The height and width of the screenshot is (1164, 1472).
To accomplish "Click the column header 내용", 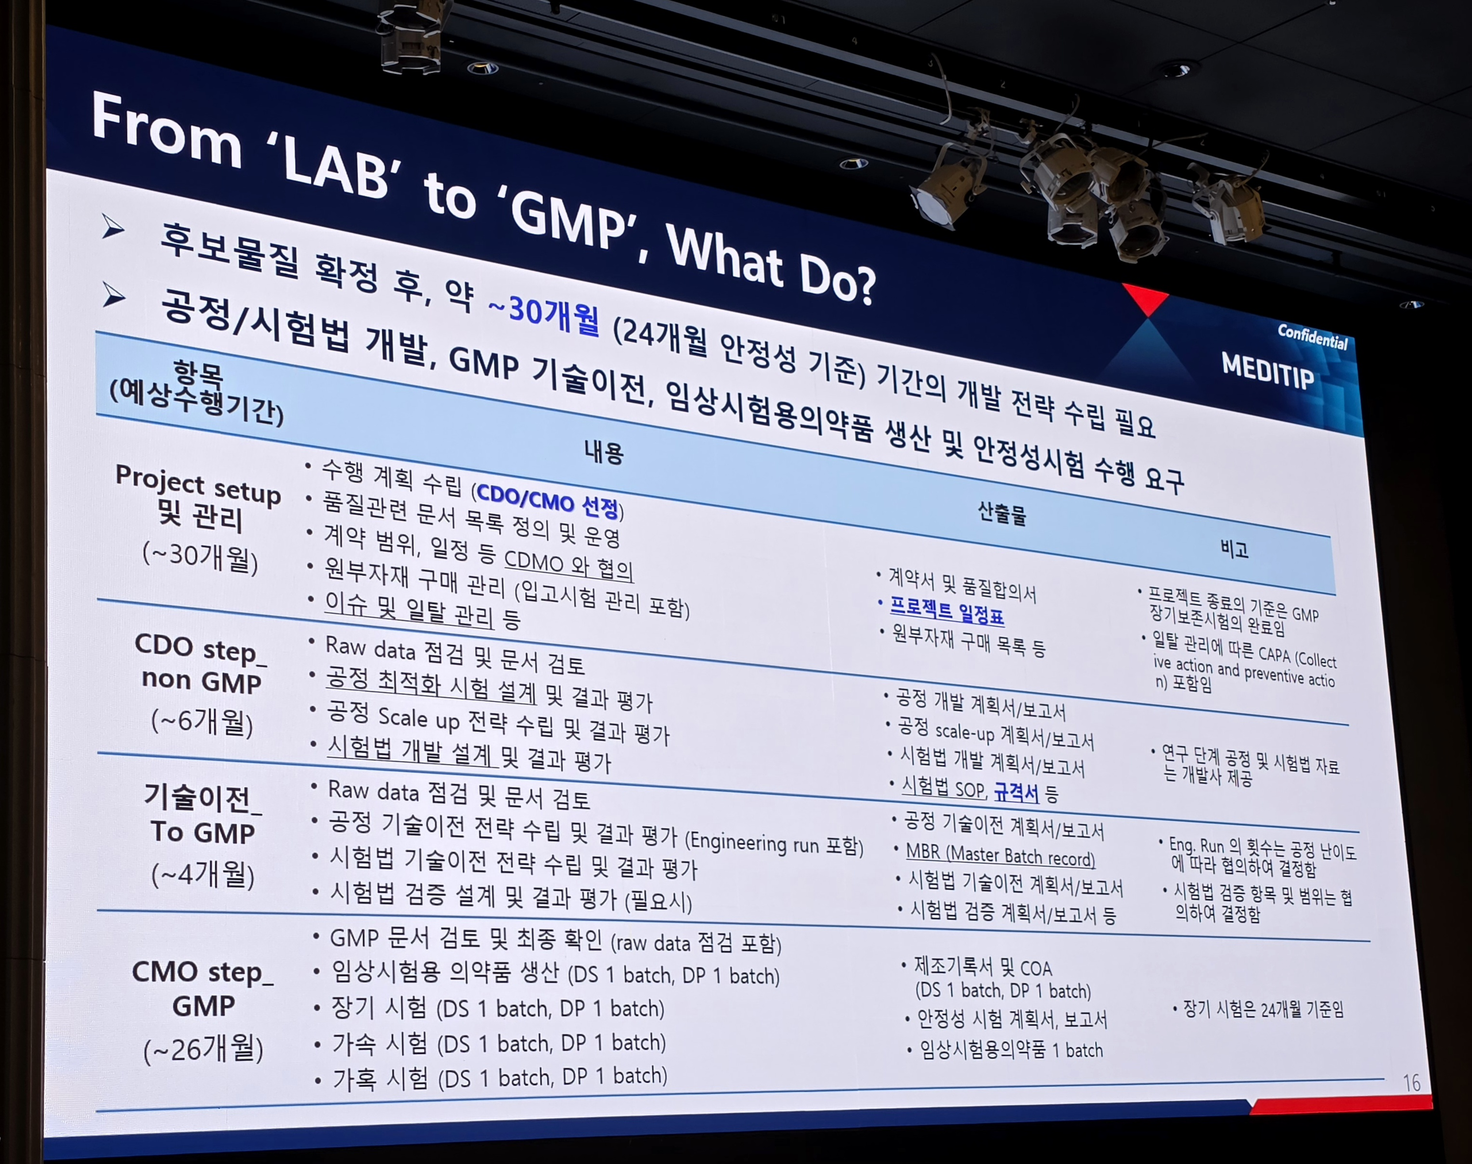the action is click(x=603, y=452).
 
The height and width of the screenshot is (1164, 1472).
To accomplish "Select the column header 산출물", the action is click(x=1002, y=513).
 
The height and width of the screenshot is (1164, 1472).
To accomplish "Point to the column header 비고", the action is click(x=1234, y=549).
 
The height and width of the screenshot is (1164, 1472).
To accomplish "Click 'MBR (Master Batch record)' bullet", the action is click(x=1000, y=855).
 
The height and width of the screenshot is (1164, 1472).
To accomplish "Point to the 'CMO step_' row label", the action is click(x=202, y=972).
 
